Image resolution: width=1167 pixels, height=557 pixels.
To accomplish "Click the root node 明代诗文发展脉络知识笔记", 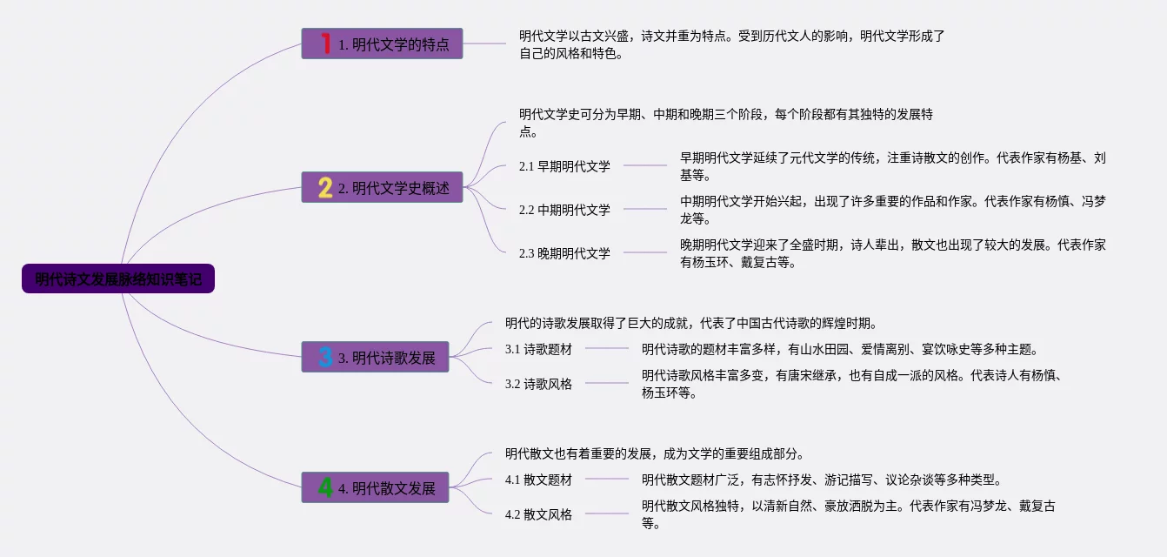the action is [118, 279].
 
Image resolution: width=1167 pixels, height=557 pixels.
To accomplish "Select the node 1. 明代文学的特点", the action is [383, 44].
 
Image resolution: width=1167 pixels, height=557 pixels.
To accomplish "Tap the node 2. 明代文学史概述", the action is [383, 187].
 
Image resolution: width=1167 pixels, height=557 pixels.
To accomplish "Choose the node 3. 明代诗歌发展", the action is [376, 357].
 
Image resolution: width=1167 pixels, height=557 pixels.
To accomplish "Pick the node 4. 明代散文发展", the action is [376, 487].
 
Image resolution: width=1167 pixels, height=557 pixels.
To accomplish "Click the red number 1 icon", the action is [326, 44].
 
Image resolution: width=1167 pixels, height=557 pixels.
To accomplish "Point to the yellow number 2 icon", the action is [325, 187].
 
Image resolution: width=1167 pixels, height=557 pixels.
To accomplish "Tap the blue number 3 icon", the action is [325, 357].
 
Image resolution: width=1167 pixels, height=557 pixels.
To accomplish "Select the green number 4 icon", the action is [325, 487].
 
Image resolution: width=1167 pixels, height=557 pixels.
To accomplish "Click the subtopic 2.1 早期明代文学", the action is [564, 165].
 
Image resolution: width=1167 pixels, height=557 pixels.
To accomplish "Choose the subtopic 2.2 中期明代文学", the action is [564, 209].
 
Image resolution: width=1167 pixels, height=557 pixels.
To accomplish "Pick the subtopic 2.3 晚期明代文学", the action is [564, 253].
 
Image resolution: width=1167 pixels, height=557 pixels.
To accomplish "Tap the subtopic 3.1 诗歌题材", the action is [538, 349].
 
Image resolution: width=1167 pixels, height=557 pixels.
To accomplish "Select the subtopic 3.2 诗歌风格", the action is [538, 383].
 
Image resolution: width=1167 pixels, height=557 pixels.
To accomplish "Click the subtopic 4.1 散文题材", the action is [538, 480].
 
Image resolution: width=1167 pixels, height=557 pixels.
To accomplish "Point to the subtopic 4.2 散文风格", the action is [538, 513].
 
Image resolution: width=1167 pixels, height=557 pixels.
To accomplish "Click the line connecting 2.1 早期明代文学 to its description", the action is [645, 164].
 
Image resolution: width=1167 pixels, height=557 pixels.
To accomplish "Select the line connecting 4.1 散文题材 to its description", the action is [606, 479].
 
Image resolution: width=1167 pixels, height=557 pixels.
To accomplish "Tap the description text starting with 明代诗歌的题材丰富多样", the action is [839, 349].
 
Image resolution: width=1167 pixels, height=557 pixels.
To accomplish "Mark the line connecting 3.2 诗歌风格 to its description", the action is [606, 383].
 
